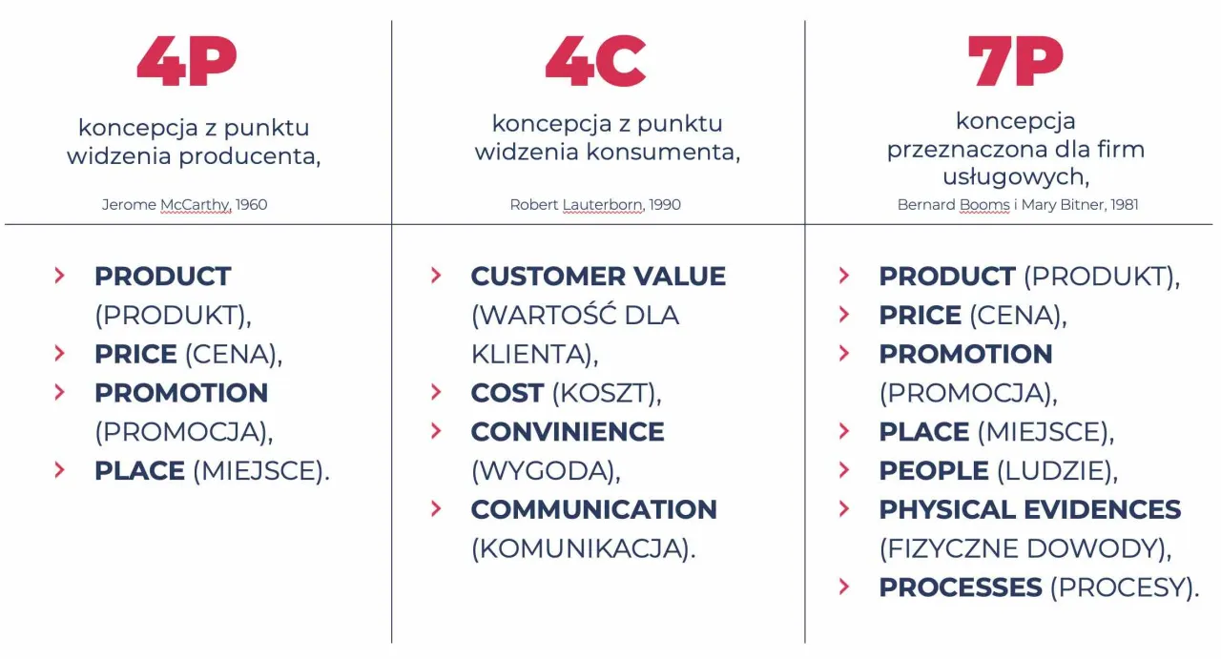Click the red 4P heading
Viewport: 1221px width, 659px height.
pos(186,62)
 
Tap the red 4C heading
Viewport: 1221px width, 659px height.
pos(595,62)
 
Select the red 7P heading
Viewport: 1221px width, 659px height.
pos(1015,62)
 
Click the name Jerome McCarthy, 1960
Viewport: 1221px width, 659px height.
pos(184,205)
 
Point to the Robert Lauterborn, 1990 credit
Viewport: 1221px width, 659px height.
pos(595,205)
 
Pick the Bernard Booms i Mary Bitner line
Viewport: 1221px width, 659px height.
pos(1017,205)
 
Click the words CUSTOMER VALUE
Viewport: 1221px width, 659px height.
pos(598,277)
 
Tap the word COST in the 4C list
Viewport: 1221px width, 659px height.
pos(507,393)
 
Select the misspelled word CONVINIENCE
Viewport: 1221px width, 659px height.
pos(568,431)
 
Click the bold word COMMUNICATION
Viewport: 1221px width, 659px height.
pos(593,509)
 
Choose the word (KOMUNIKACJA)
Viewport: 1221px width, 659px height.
pos(583,548)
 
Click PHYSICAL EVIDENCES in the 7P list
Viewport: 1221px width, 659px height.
pos(1030,509)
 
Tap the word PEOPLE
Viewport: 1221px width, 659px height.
pos(934,471)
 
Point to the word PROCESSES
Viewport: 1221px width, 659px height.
pos(960,587)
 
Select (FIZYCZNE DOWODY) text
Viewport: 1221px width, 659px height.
pos(1024,548)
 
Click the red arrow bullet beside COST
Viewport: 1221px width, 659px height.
pos(436,392)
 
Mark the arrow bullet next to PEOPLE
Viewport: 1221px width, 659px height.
pos(844,470)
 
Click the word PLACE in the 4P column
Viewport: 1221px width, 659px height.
pos(139,471)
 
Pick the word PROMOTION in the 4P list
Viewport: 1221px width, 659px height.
pos(181,393)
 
